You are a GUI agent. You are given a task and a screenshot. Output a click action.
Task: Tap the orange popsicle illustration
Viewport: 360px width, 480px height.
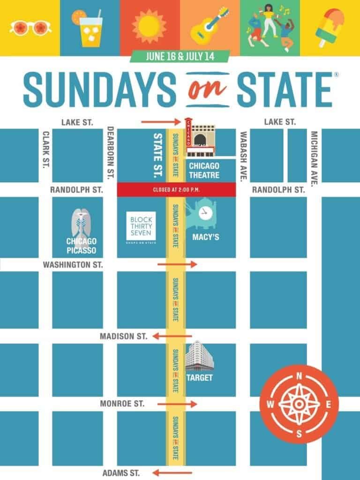(x=329, y=26)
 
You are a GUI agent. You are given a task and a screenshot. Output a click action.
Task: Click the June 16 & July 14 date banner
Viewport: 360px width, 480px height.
(x=180, y=56)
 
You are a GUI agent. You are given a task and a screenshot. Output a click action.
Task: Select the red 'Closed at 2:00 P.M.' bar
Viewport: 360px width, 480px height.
(x=176, y=189)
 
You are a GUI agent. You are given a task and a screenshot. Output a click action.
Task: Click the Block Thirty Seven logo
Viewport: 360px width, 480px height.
(x=141, y=227)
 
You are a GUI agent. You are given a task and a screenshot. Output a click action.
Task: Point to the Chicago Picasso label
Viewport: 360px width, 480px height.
(x=82, y=245)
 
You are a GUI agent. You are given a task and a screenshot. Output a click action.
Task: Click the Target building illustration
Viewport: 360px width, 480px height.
(x=199, y=359)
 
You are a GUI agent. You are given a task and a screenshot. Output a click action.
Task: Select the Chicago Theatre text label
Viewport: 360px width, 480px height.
(x=204, y=171)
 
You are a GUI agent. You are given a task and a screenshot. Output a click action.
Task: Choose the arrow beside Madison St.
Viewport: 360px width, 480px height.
(x=172, y=336)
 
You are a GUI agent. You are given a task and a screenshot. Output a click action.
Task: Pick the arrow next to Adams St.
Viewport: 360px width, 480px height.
(x=172, y=472)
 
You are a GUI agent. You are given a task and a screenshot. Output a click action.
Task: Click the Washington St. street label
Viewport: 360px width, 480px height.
(x=73, y=264)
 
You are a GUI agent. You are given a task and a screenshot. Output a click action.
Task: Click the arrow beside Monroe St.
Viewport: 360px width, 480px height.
(x=177, y=404)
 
